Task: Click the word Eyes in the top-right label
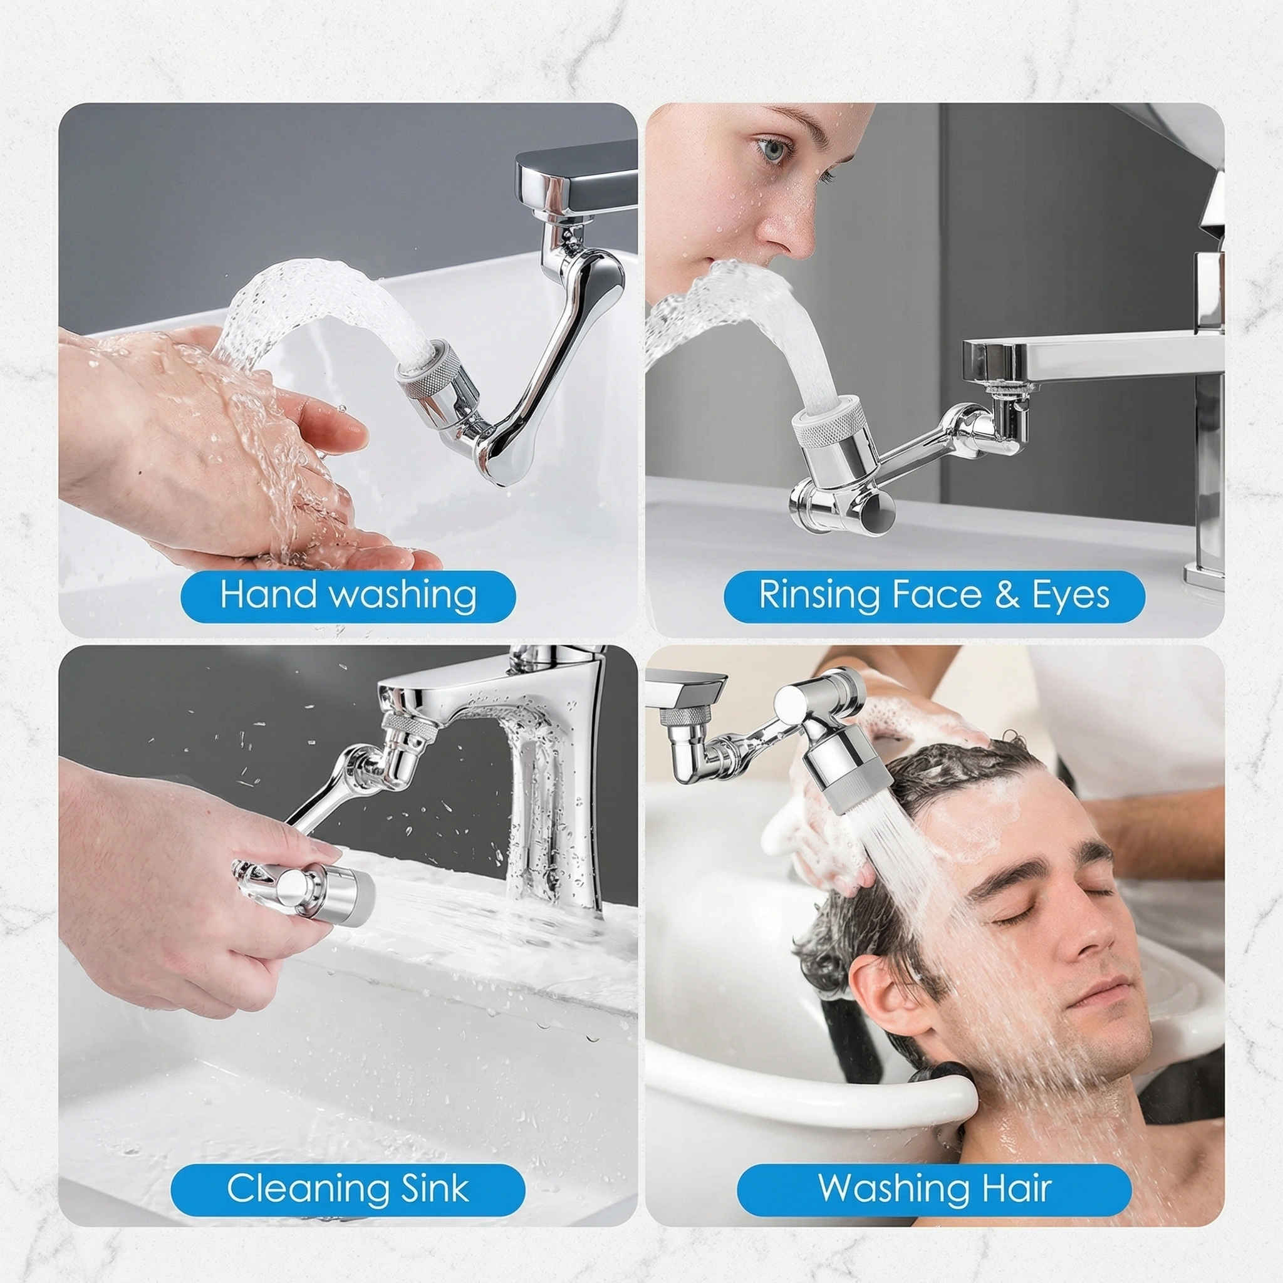point(1071,596)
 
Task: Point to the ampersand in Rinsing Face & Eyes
point(1007,595)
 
